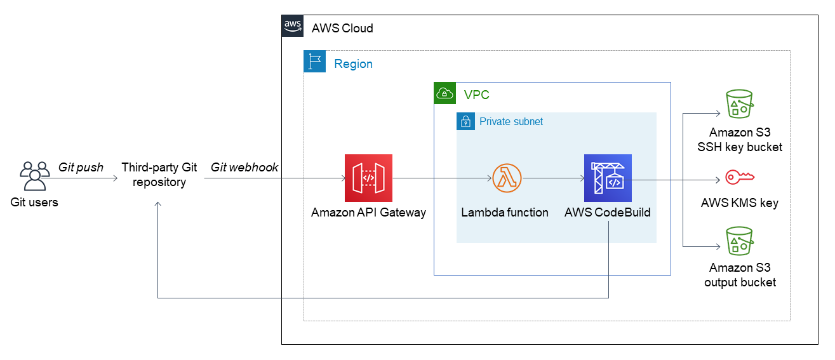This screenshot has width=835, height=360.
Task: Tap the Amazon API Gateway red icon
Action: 368,178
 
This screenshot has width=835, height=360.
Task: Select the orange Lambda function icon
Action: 506,178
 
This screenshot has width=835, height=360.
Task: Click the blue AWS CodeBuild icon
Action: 608,178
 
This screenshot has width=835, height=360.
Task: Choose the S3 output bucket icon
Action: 739,241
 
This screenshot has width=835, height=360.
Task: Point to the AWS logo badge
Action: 292,26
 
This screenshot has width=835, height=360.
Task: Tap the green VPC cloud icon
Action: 444,93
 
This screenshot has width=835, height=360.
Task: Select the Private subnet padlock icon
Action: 465,121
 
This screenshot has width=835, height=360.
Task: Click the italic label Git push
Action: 81,168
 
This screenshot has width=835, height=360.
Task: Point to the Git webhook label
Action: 244,168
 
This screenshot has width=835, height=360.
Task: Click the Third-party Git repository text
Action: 159,175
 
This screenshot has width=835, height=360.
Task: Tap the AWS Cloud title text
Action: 342,29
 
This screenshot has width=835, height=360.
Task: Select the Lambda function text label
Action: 505,213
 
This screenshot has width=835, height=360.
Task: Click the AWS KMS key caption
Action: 739,204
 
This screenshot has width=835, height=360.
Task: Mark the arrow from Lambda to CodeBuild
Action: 552,178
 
